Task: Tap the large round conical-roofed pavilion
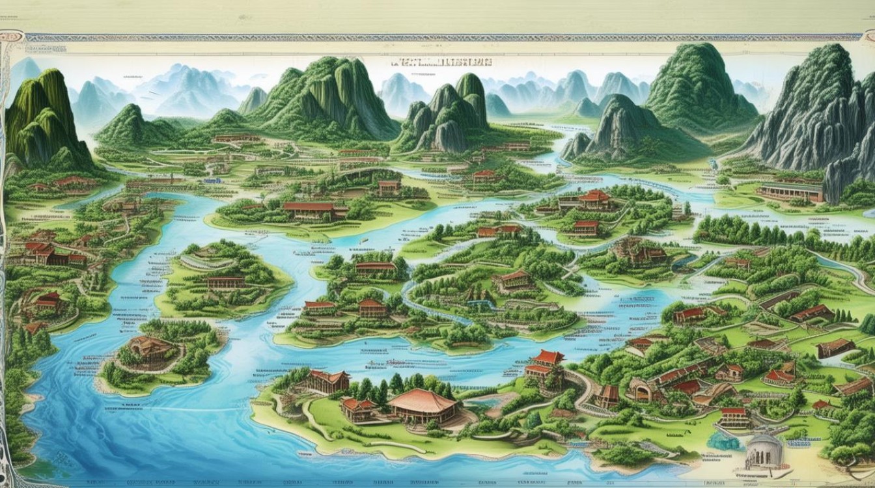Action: (x=423, y=407)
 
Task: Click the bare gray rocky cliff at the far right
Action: (x=814, y=124)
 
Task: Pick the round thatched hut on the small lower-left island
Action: (x=149, y=348)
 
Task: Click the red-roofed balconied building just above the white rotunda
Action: (x=734, y=417)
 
